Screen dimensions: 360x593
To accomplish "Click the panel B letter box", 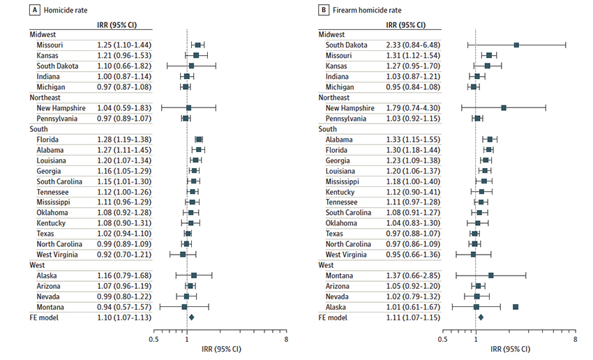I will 324,11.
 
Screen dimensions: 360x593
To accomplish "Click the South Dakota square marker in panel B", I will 516,45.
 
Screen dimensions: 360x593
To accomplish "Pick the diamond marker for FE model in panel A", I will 192,317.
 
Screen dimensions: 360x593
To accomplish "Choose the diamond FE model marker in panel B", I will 481,317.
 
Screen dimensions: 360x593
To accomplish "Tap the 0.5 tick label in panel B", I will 442,340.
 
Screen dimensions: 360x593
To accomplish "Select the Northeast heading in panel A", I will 46,98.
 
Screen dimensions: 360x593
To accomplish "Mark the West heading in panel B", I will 326,265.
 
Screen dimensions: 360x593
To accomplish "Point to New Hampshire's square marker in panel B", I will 504,108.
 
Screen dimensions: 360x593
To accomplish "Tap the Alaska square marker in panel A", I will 194,276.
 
